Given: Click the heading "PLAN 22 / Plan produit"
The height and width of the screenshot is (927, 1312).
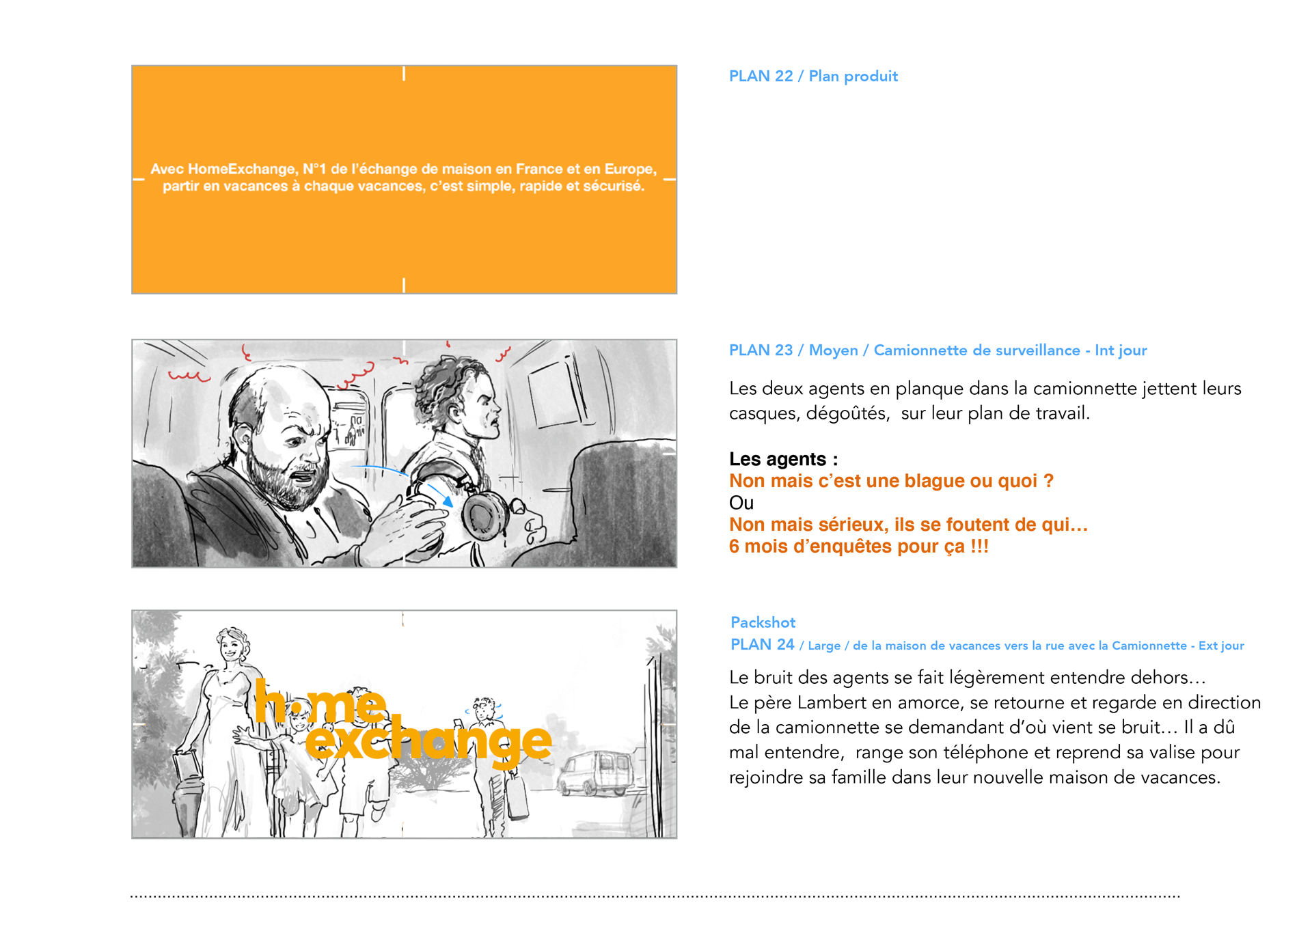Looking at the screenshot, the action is point(813,76).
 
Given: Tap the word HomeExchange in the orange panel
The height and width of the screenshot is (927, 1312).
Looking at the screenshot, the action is point(242,169).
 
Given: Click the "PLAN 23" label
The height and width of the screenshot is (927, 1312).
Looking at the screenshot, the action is point(761,350).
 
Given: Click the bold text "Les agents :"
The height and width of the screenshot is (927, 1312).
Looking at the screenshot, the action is point(783,459).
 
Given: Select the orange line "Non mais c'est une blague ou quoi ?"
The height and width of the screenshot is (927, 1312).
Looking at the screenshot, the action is point(891,481).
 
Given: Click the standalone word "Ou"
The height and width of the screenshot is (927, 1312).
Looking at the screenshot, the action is point(741,503).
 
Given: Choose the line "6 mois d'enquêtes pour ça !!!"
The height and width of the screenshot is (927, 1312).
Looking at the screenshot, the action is point(859,546).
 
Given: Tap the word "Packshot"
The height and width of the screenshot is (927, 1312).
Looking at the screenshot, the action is point(763,622).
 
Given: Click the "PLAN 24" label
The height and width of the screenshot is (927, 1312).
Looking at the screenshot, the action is point(762,644).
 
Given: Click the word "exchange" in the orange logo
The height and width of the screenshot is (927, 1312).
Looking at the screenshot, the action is point(428,741).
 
